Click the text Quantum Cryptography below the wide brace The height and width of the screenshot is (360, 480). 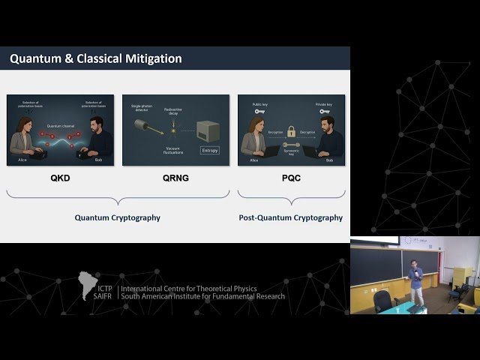pyautogui.click(x=117, y=217)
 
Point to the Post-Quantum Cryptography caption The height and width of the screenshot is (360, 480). pyautogui.click(x=291, y=217)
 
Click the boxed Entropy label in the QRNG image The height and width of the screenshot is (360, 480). pyautogui.click(x=209, y=150)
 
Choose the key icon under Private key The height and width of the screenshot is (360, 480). pyautogui.click(x=324, y=112)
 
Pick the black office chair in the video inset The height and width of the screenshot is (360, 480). pyautogui.click(x=382, y=301)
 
